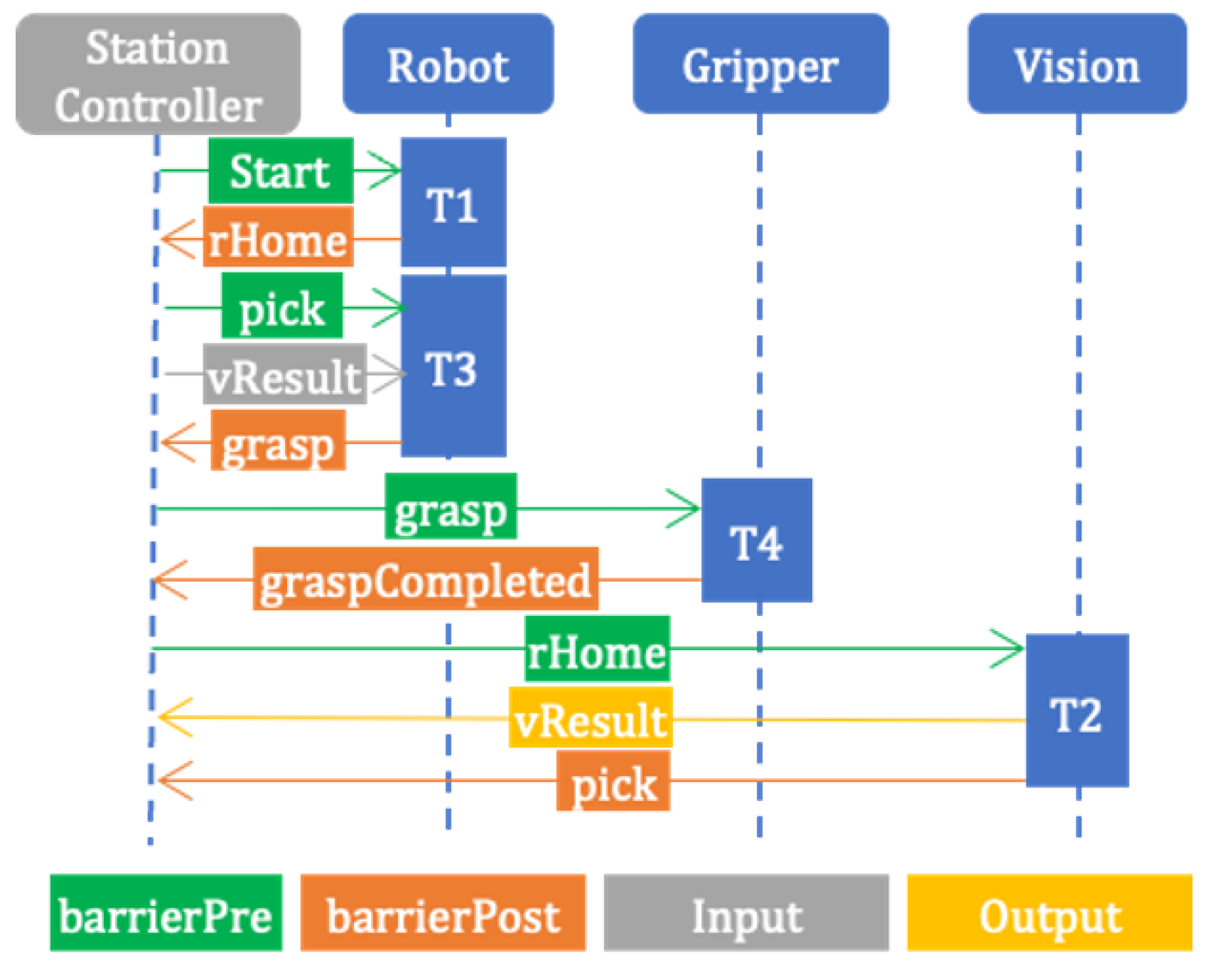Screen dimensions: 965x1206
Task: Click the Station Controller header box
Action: (x=158, y=74)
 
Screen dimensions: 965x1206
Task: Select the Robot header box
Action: (x=448, y=64)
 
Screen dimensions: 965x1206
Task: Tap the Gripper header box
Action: (x=760, y=64)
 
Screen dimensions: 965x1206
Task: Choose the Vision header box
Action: (x=1077, y=64)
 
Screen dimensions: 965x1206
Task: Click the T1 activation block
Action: (x=453, y=203)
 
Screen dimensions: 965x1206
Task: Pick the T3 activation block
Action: (x=453, y=366)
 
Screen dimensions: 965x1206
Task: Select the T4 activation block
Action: (x=756, y=540)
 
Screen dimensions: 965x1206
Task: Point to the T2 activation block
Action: (x=1077, y=711)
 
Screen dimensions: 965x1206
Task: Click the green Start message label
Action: (x=281, y=171)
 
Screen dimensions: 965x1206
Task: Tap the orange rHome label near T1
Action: (x=278, y=237)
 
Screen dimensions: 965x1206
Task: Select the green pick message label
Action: (x=282, y=306)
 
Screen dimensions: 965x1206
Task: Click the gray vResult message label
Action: (x=284, y=374)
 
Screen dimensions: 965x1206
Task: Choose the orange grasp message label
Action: (x=278, y=441)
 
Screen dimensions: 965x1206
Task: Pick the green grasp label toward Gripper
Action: (x=451, y=506)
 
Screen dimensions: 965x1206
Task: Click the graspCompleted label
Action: (x=425, y=578)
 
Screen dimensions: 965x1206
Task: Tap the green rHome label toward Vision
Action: (x=597, y=649)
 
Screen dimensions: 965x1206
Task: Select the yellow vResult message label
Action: (x=590, y=718)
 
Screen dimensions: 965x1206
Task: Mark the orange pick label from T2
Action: (x=613, y=782)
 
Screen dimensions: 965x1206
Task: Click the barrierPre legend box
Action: (x=166, y=913)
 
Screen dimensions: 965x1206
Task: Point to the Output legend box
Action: (x=1049, y=913)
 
